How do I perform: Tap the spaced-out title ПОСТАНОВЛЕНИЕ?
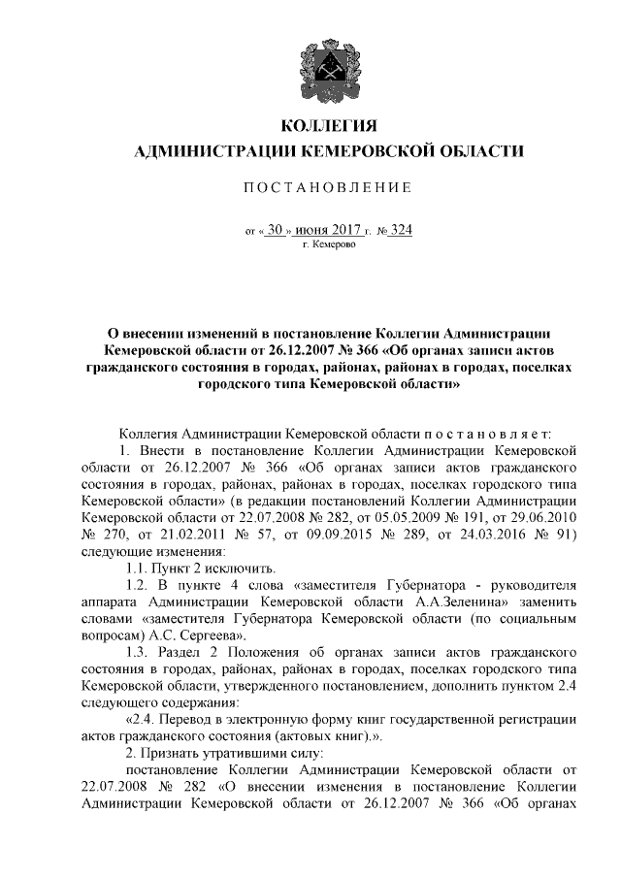coord(328,185)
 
